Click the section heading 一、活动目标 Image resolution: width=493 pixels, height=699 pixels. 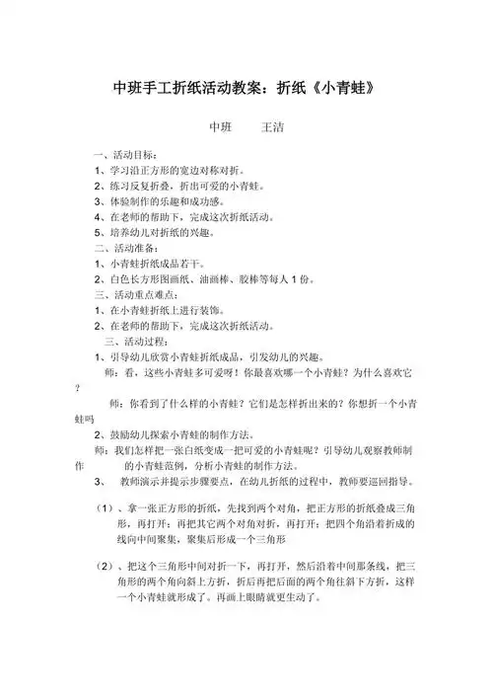[x=123, y=156]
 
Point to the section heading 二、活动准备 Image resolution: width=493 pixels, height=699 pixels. [x=123, y=251]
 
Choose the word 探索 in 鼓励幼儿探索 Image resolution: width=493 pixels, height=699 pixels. [x=167, y=434]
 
